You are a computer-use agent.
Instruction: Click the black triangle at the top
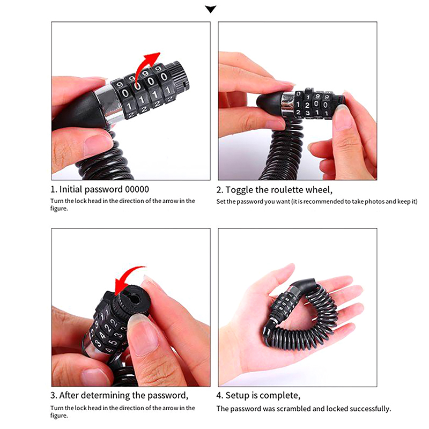click(x=210, y=9)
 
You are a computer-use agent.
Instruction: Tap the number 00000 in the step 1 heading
click(x=137, y=189)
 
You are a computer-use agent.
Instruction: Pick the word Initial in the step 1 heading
click(x=71, y=189)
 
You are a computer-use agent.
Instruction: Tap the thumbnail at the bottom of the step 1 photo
click(x=98, y=144)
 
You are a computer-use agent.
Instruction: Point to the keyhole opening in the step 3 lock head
click(x=134, y=299)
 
